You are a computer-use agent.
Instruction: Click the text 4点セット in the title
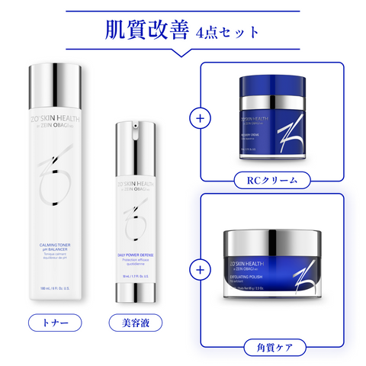226,34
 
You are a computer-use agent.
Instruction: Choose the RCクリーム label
271,181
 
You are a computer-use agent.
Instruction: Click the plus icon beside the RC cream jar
201,119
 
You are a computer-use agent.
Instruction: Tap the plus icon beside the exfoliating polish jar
201,270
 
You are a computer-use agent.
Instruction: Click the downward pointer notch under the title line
183,55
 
